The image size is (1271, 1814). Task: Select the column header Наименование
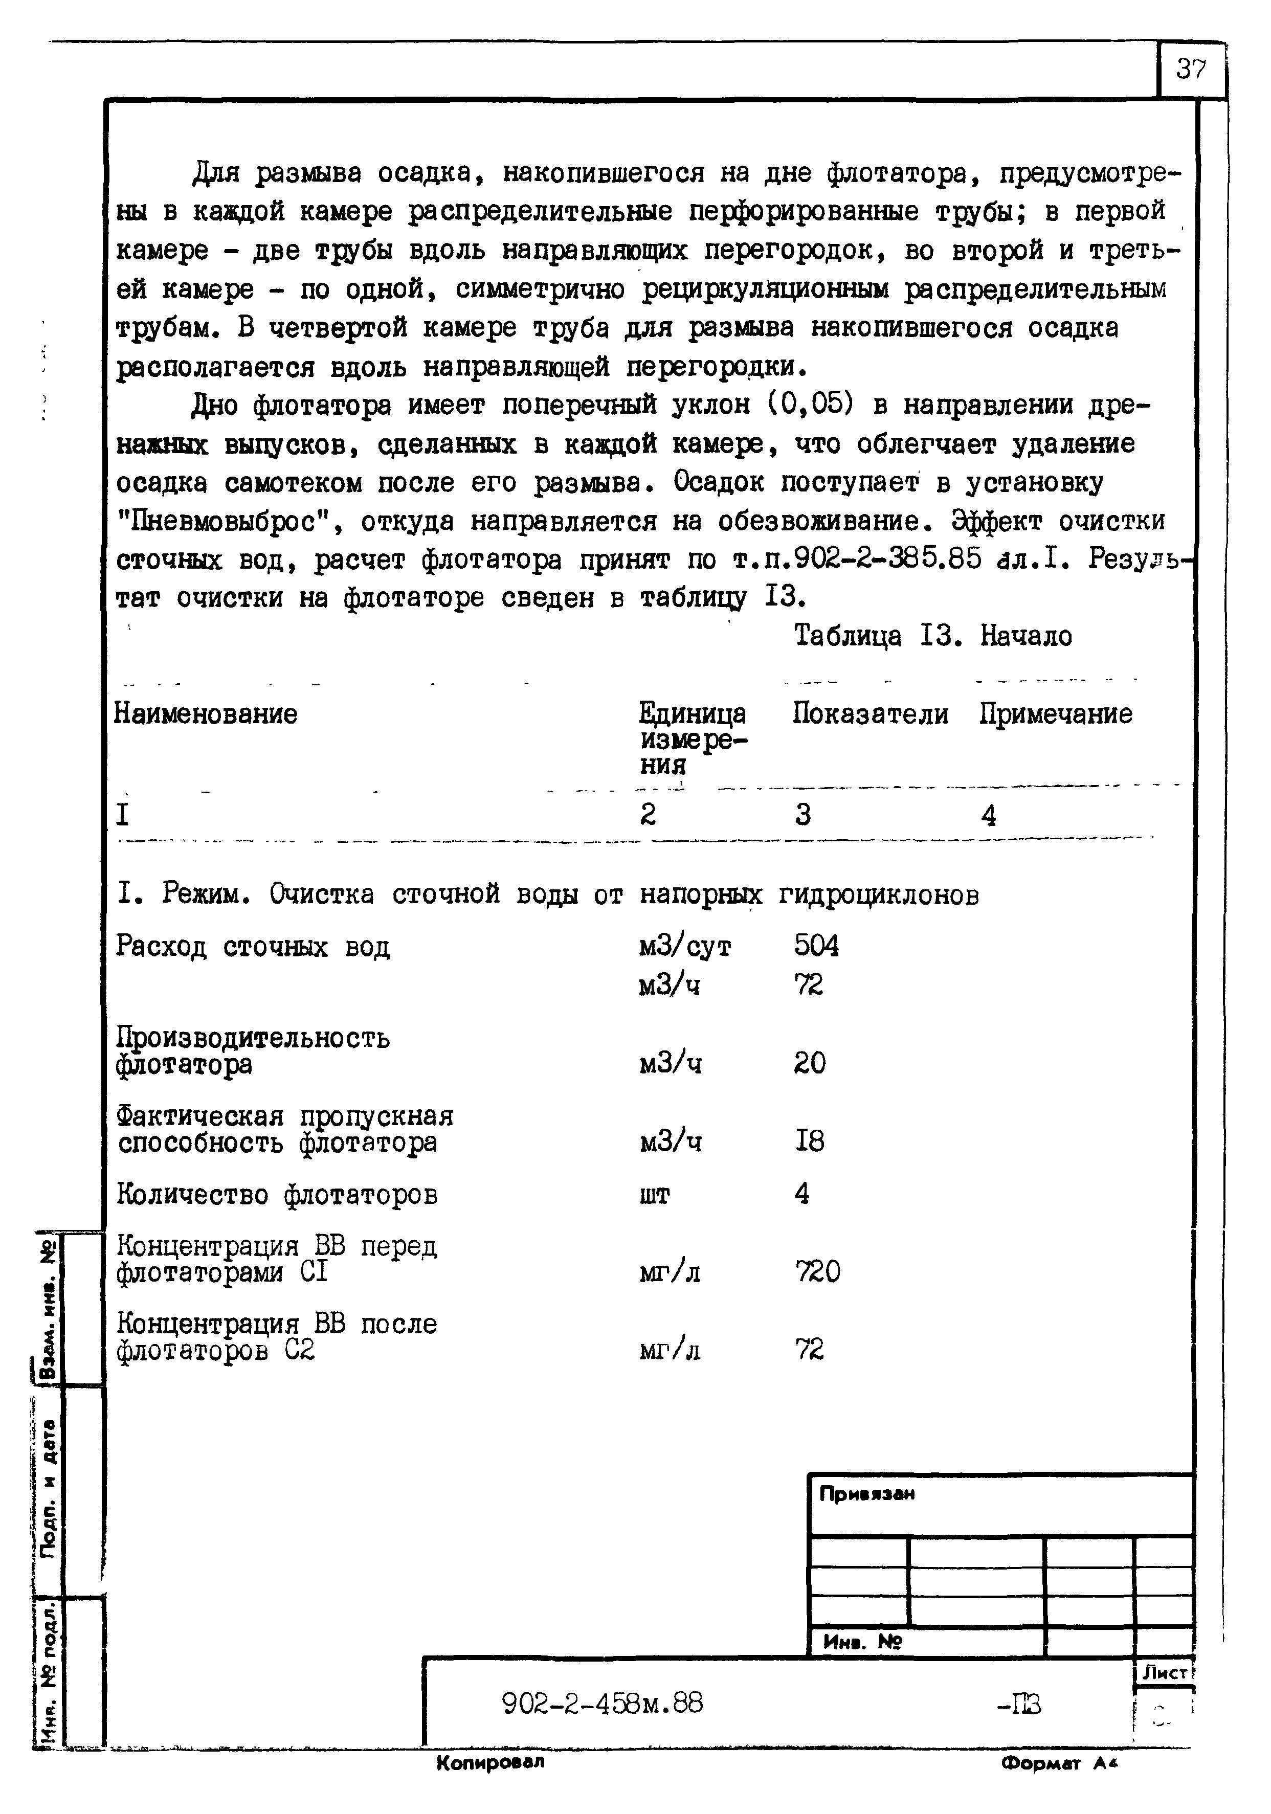coord(206,714)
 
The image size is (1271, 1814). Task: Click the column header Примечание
coord(1056,714)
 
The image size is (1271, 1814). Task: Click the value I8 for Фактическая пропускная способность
coord(809,1141)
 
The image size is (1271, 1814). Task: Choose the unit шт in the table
coord(654,1195)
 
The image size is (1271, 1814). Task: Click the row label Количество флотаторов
coord(277,1195)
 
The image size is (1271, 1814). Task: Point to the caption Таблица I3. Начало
coord(933,636)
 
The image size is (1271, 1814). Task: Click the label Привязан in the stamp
coord(866,1494)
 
